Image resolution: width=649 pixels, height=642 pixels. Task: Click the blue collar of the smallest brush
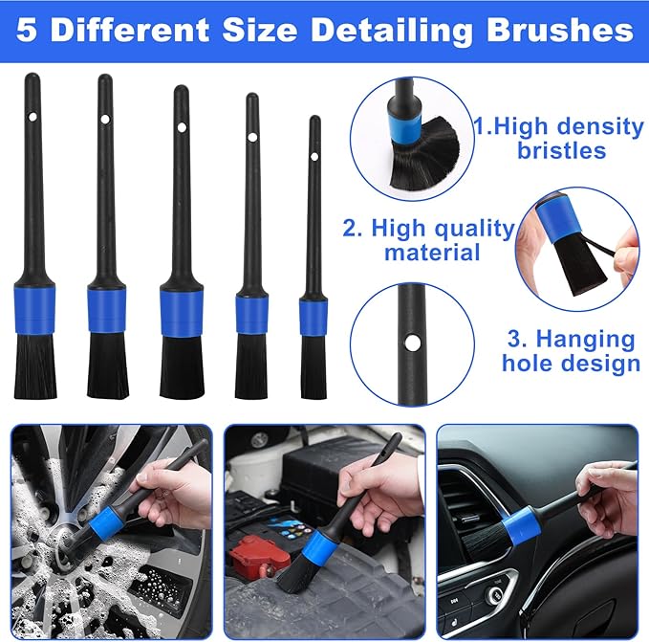coord(313,317)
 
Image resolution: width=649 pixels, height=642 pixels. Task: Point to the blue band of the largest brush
coord(34,303)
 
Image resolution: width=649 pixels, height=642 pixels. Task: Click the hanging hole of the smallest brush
coord(314,156)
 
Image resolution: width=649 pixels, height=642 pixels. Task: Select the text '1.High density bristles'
coord(560,138)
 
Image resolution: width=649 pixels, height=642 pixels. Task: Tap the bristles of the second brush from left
coord(108,365)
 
